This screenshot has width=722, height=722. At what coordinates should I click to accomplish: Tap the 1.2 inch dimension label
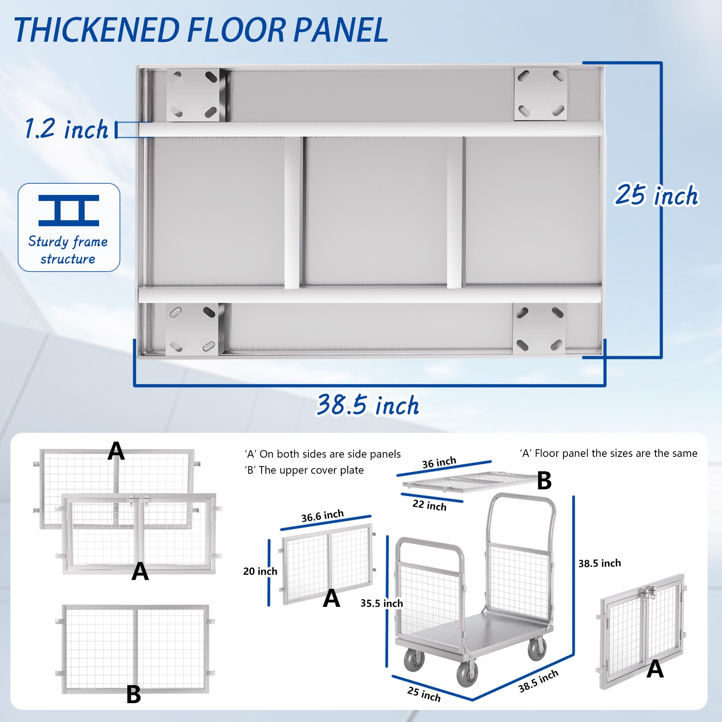coord(67,129)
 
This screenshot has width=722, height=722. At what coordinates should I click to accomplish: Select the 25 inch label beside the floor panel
coord(657,195)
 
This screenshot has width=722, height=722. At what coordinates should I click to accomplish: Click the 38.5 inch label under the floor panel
coord(368,405)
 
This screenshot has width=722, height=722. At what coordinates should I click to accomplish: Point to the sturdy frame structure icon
coord(69,210)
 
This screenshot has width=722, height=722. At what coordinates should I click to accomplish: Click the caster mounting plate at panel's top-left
coord(193,95)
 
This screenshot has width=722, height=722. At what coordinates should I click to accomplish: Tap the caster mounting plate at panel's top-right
coord(541,93)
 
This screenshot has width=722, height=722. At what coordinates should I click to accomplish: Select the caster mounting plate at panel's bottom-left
coord(192,329)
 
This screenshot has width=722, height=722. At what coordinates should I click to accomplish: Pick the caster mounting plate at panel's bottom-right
coord(539,328)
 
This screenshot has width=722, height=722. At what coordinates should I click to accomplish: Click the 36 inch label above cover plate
coord(439,462)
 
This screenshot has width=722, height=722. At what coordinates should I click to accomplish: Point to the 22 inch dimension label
coord(429,505)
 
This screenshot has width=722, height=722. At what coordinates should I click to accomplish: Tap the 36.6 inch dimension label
coord(322,516)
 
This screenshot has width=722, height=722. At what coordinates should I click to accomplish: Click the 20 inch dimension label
coord(260,571)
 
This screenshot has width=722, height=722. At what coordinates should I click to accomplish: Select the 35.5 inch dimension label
coord(381,603)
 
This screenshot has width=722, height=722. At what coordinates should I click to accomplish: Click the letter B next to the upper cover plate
coord(544,481)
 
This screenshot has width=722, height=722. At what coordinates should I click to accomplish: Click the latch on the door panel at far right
coord(647,592)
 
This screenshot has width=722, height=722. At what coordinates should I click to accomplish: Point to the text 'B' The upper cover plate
coord(304,470)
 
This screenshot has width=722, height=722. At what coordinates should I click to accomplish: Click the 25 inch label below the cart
coord(424,694)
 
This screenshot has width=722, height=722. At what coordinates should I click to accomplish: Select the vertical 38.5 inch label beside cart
coord(600,563)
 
